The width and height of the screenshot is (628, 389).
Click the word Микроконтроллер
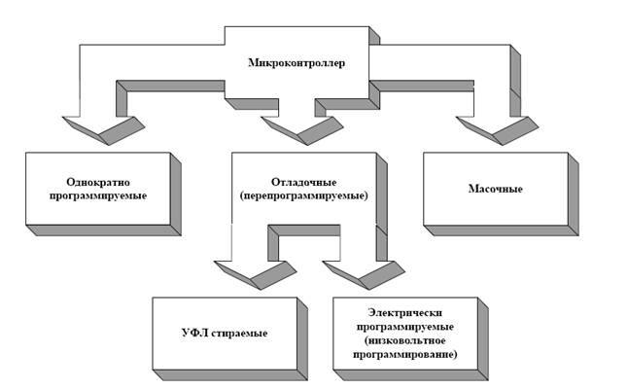[x=297, y=63]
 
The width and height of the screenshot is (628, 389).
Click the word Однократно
[x=98, y=182]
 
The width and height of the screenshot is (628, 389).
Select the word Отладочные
[x=304, y=182]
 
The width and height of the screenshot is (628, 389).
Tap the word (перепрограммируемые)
[x=303, y=195]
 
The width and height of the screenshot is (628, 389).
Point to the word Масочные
[x=496, y=189]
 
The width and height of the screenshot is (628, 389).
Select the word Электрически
[x=405, y=312]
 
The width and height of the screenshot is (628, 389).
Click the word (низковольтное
[x=405, y=340]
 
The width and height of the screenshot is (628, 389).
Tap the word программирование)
[x=405, y=355]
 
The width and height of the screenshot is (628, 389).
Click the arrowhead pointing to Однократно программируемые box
[x=104, y=130]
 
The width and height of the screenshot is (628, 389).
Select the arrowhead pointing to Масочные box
[x=498, y=130]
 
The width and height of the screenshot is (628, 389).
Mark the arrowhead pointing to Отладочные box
[x=302, y=130]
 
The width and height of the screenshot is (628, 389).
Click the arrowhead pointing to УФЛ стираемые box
[x=256, y=275]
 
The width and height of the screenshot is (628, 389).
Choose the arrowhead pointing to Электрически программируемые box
[x=364, y=275]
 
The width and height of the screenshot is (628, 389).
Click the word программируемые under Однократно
[x=98, y=196]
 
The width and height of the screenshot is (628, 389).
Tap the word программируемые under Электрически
[x=405, y=327]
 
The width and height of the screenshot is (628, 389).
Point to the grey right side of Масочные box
[x=574, y=194]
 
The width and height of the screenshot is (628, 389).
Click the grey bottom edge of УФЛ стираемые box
[x=230, y=375]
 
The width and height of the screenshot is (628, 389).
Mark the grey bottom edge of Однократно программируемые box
[x=104, y=230]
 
